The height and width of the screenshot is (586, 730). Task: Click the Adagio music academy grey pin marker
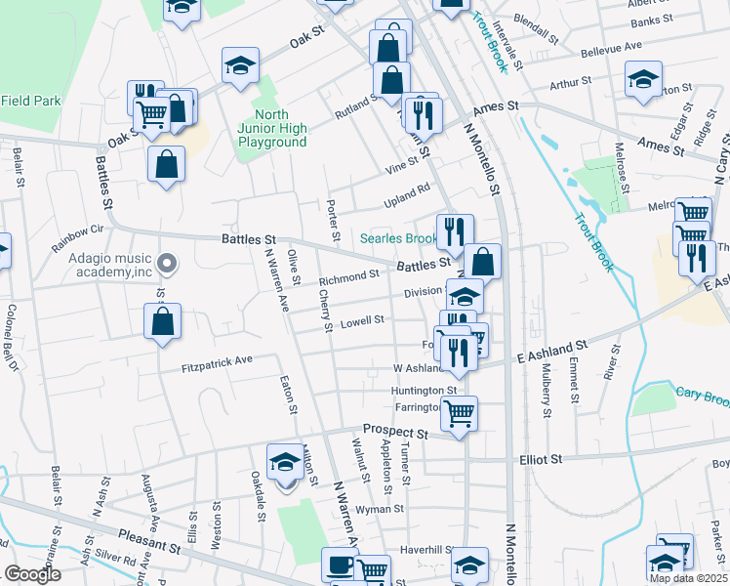tap(167, 263)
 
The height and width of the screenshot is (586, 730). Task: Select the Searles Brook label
tap(397, 238)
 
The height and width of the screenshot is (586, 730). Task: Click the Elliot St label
tap(543, 459)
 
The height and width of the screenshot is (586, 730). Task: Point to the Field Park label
tap(30, 100)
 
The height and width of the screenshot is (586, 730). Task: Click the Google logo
tap(32, 574)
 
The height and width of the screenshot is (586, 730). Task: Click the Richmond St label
tap(348, 276)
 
